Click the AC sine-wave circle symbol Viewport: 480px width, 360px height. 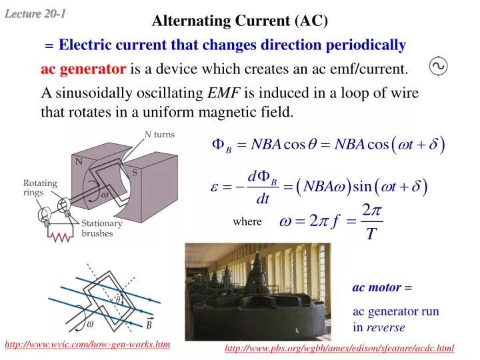pos(439,66)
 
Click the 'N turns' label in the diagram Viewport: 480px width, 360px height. pos(159,134)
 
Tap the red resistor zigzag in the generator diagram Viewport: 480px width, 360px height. pos(61,236)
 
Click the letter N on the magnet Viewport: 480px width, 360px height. pos(78,161)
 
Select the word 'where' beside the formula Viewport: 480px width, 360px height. pos(247,222)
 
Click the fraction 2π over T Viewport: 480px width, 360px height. pos(370,222)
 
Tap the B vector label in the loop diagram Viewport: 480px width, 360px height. pos(150,325)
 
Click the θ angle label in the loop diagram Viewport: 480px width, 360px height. pos(117,300)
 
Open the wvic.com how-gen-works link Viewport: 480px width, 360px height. pos(87,344)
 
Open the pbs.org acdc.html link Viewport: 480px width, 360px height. pos(339,348)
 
